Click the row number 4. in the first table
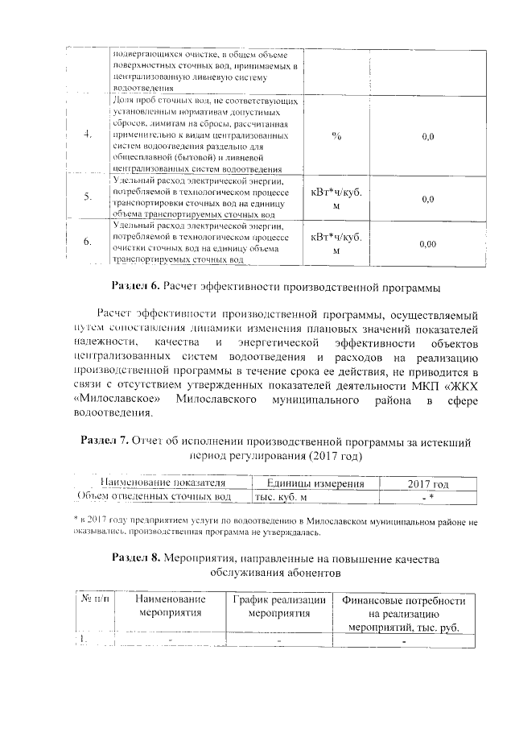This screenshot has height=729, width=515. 87,135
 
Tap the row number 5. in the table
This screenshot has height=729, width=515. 87,197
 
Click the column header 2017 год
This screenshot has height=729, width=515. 428,483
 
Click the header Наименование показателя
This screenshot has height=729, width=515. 161,483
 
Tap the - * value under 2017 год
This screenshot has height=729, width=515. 428,497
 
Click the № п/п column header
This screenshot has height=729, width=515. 93,600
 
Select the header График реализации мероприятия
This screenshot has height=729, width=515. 278,607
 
